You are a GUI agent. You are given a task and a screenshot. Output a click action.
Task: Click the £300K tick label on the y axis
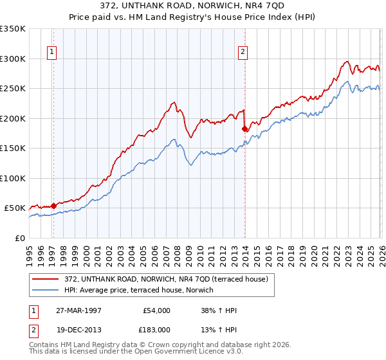tap(13, 59)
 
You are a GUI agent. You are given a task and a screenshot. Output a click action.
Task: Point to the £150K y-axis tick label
tap(13, 148)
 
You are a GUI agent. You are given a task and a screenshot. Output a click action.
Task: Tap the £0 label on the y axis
tap(19, 238)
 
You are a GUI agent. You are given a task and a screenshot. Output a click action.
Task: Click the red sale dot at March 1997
tap(53, 206)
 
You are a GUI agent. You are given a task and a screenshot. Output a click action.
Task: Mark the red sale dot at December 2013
tap(244, 129)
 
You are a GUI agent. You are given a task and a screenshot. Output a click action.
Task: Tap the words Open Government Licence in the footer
tap(193, 353)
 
